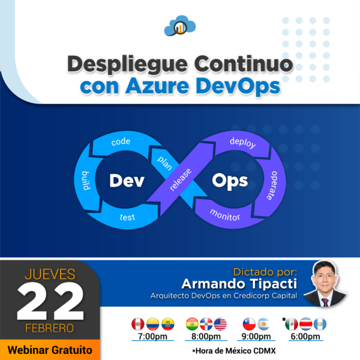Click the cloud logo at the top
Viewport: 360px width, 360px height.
pos(179,26)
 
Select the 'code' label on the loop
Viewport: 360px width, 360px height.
pos(121,143)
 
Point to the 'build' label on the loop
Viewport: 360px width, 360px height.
pos(86,181)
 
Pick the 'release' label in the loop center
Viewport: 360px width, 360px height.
pos(181,180)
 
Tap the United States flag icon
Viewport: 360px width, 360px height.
pos(220,325)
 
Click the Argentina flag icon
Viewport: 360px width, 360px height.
pos(263,325)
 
